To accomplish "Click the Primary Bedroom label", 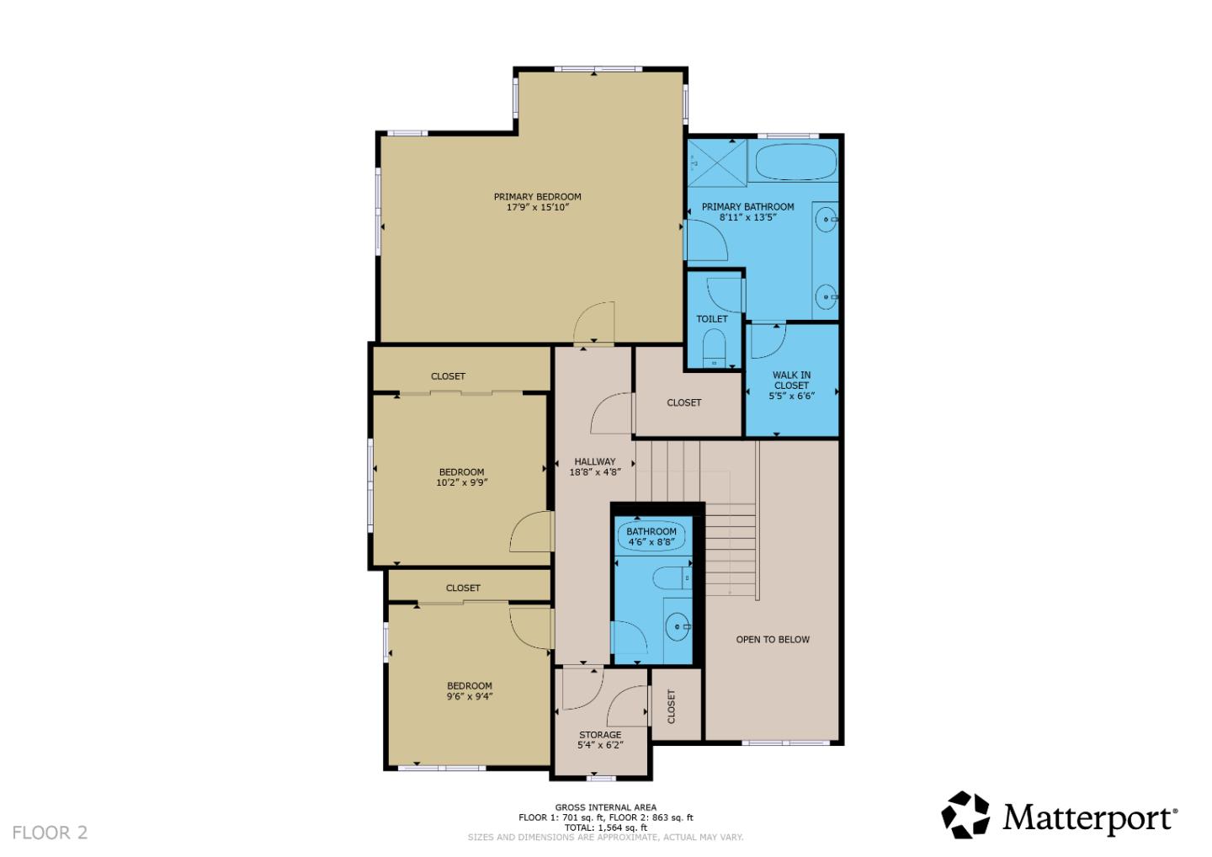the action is click(537, 197).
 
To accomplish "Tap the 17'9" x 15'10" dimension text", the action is click(537, 207).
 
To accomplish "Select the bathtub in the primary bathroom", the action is click(795, 161).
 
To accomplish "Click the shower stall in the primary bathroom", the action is click(717, 162).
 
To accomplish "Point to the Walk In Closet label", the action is click(791, 380).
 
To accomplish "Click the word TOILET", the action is click(711, 319).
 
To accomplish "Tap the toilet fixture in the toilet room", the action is click(714, 348).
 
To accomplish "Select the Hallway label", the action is click(594, 461).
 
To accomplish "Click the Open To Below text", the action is click(773, 640).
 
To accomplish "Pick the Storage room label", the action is click(600, 735).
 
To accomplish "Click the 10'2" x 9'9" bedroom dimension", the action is click(461, 482).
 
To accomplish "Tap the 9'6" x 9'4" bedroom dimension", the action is click(469, 696).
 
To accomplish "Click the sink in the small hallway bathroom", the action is click(678, 626).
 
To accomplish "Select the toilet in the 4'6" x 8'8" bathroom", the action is click(672, 578).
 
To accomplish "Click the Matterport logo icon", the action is click(966, 815).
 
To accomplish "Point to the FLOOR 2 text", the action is click(50, 833).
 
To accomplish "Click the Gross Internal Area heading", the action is click(605, 808).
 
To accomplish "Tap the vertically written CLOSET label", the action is click(672, 706).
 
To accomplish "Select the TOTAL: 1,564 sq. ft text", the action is click(605, 828).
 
